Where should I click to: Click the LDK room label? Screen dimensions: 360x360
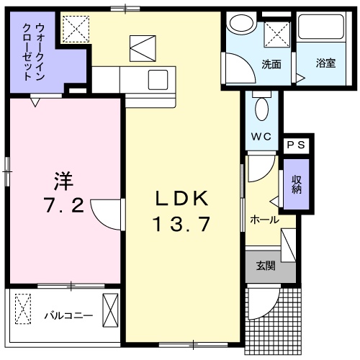coord(182,198)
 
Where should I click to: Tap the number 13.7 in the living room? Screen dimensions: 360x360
coord(181,225)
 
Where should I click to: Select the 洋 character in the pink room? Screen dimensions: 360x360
coord(63,178)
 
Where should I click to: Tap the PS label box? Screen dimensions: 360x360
coord(296,145)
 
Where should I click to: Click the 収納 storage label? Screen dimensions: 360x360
coord(296,184)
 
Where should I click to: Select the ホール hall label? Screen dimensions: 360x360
coord(264,220)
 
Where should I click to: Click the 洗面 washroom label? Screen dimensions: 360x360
coord(271,63)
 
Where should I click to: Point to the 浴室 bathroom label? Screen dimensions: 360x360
coord(326,63)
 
